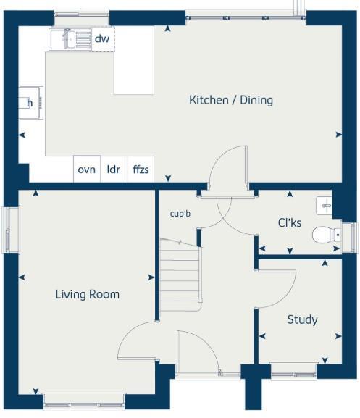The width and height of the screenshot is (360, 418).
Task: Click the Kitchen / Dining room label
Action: (231, 100)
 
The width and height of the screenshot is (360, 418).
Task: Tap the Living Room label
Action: (88, 294)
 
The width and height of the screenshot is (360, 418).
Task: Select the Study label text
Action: (302, 319)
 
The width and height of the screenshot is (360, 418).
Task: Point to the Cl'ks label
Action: (290, 222)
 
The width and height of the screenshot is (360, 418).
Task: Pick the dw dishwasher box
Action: (102, 39)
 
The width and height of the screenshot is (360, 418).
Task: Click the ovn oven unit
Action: (87, 170)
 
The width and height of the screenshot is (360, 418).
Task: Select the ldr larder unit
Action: (113, 170)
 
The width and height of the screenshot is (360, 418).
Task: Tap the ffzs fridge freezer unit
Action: (140, 170)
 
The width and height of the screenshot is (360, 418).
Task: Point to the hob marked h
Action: (31, 102)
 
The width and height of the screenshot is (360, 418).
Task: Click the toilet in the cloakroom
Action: (325, 234)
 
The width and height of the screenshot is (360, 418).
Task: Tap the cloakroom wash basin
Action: (325, 205)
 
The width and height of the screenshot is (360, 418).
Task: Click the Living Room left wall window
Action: (11, 230)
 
